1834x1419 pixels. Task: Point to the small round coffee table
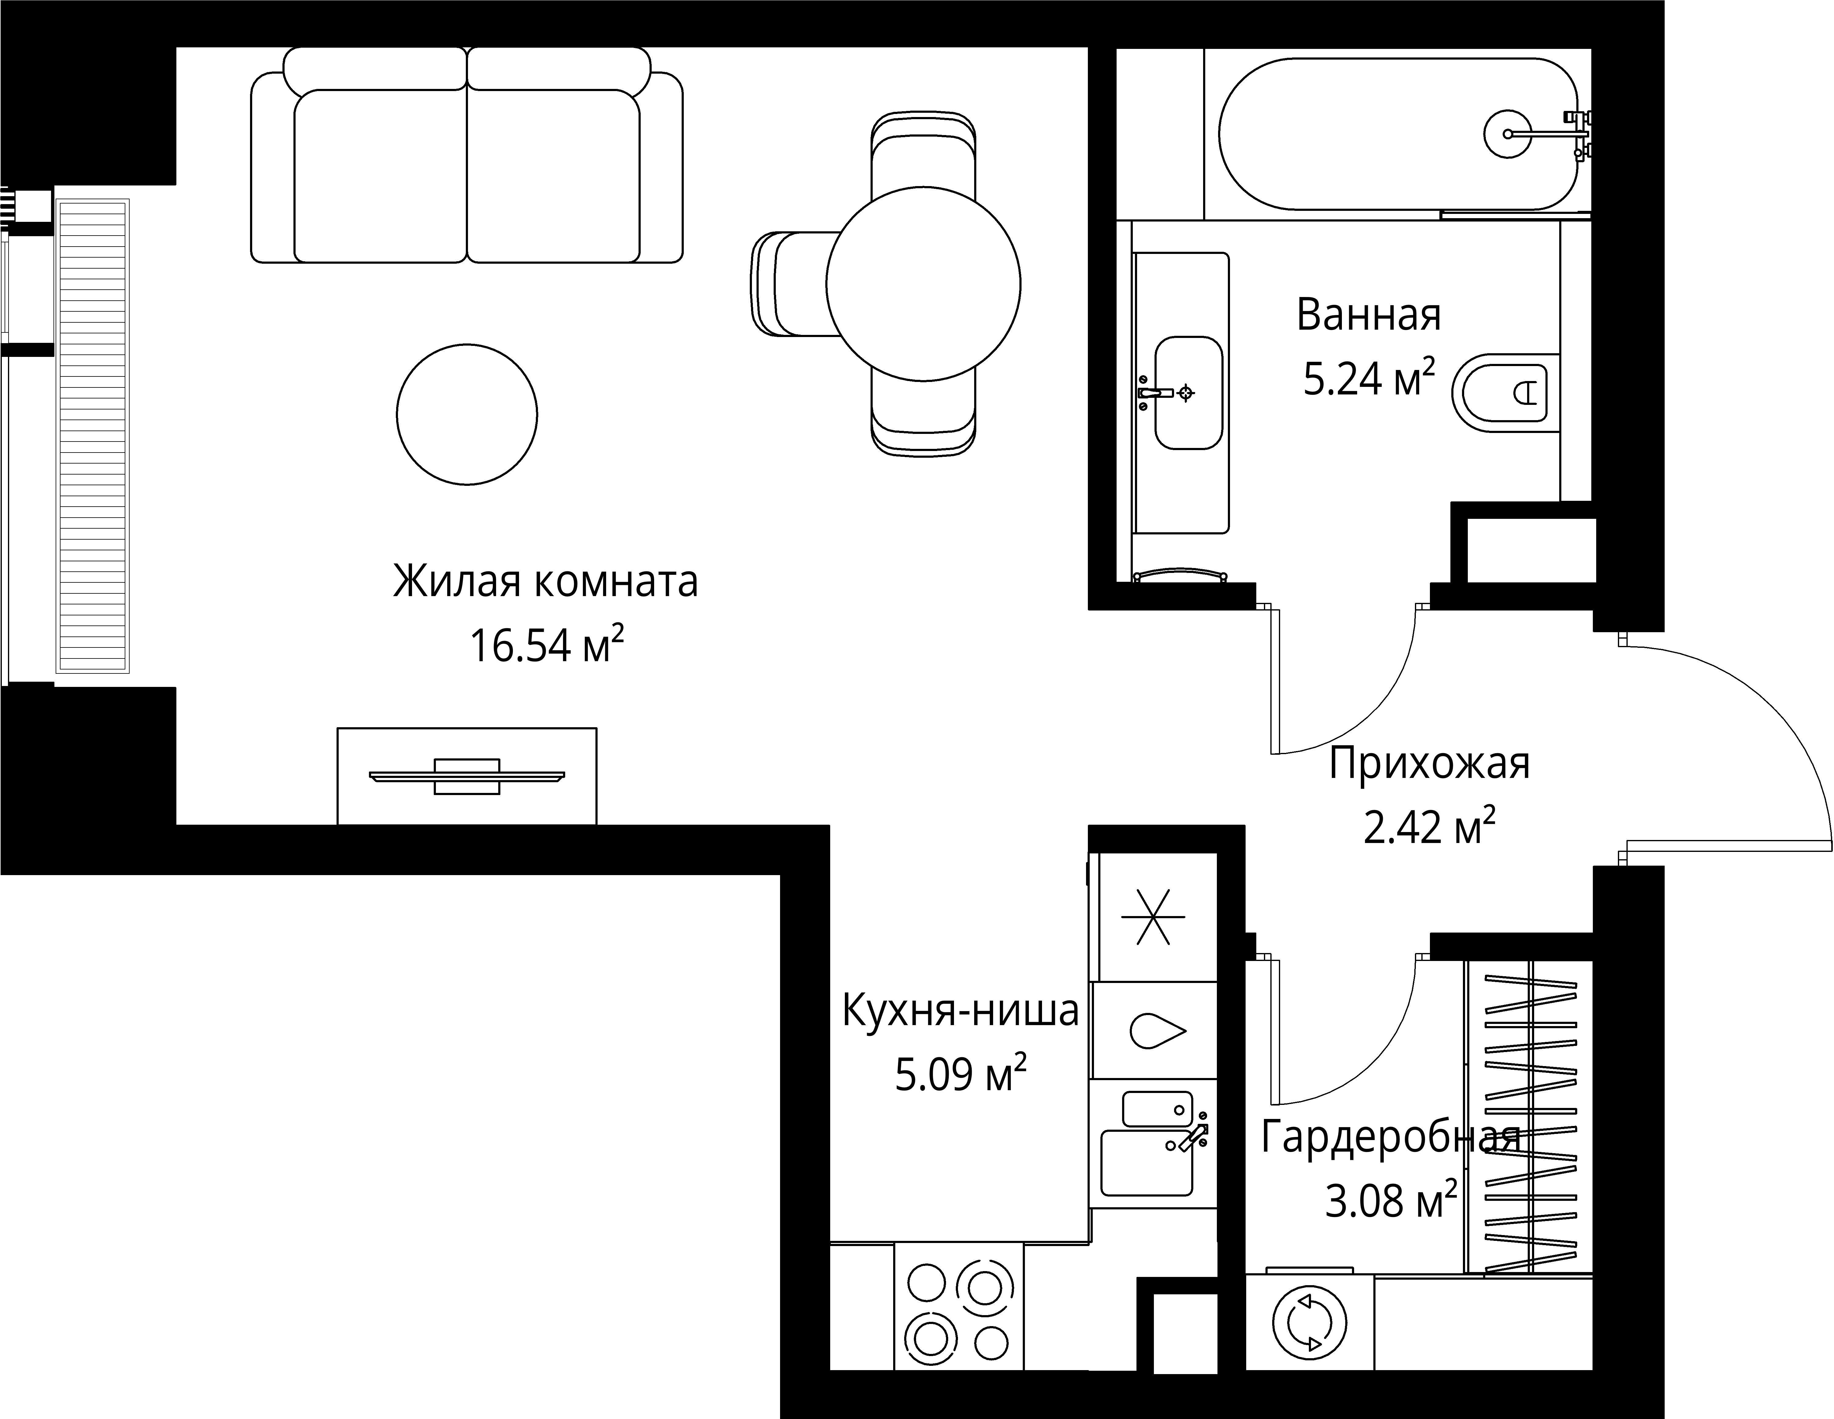(467, 414)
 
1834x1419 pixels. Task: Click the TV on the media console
(467, 776)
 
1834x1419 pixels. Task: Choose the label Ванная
(1369, 315)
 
